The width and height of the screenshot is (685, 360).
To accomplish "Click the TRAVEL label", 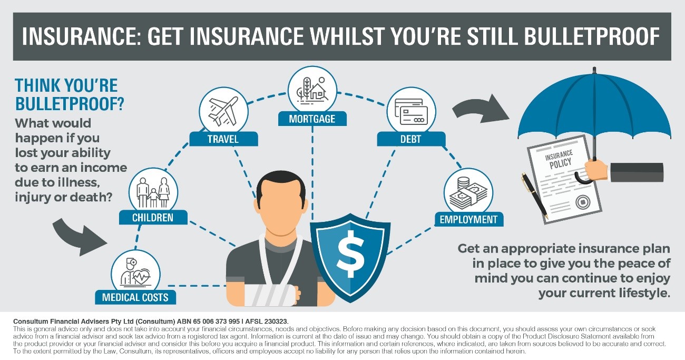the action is (x=223, y=139).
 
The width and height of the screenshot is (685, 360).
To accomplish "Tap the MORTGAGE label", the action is (x=312, y=119).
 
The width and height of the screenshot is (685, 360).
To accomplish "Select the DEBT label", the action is (x=411, y=139).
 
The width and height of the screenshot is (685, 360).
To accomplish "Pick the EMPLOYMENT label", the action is (x=469, y=219).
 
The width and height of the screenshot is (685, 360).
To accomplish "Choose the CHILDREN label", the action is (x=153, y=218).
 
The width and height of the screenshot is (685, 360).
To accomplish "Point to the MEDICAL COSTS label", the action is (x=135, y=297).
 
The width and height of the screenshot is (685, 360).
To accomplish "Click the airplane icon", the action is (x=223, y=111).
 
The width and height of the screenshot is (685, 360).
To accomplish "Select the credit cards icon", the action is (x=411, y=111).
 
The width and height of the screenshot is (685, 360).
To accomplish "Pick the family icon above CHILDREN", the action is (x=153, y=192).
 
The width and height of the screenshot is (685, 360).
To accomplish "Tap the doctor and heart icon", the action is (x=135, y=273).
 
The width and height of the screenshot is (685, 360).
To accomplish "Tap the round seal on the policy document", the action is (x=583, y=202).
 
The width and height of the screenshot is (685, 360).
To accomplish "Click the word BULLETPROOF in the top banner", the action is (x=592, y=36).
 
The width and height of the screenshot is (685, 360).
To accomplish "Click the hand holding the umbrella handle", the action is (x=596, y=170).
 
